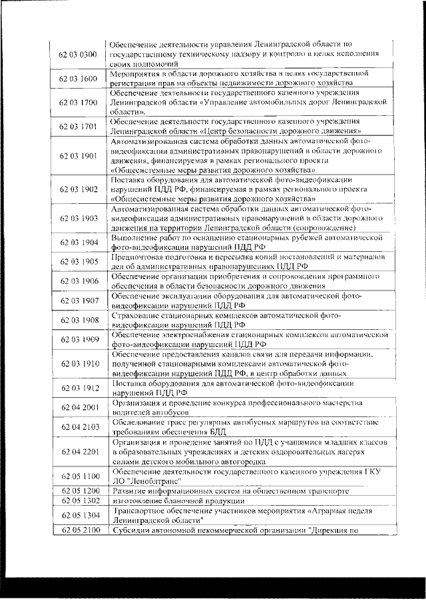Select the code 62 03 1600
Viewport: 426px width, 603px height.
(x=79, y=79)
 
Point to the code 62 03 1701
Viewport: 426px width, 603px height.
(x=79, y=127)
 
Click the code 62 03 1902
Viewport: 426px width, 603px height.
(x=79, y=189)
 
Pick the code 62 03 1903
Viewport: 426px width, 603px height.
(x=79, y=218)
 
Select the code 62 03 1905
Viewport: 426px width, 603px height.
(x=79, y=262)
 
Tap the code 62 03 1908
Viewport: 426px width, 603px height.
(x=79, y=320)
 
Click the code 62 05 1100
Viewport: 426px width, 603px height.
(x=79, y=476)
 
